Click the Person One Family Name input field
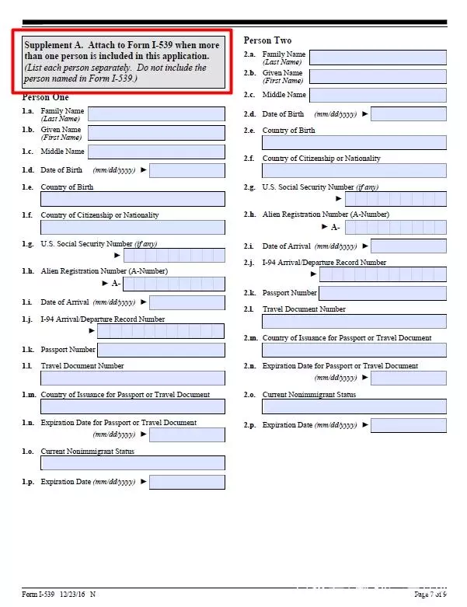pyautogui.click(x=156, y=113)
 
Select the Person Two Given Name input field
pyautogui.click(x=378, y=76)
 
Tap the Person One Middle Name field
pyautogui.click(x=156, y=152)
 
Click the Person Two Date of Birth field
pyautogui.click(x=408, y=114)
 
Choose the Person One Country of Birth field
pyautogui.click(x=133, y=199)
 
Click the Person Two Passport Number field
pyautogui.click(x=382, y=293)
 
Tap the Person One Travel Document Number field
pyautogui.click(x=133, y=378)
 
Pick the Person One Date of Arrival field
pyautogui.click(x=186, y=302)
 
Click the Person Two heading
pyautogui.click(x=268, y=40)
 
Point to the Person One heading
pyautogui.click(x=46, y=97)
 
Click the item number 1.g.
pyautogui.click(x=28, y=244)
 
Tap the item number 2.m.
pyautogui.click(x=251, y=338)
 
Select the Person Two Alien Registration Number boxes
pyautogui.click(x=396, y=227)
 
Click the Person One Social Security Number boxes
pyautogui.click(x=174, y=255)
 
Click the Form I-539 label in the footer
pyautogui.click(x=38, y=594)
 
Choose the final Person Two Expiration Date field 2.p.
pyautogui.click(x=408, y=425)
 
